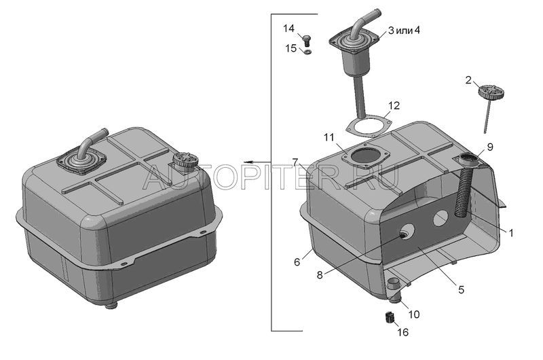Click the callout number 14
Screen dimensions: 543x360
288,28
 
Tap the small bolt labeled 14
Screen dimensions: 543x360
307,41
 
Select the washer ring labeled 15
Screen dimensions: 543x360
307,52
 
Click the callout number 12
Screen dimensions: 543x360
394,105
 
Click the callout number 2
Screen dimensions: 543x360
468,80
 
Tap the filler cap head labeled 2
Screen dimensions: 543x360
491,92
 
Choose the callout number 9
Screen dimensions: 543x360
489,147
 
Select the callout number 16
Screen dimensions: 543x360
402,332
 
